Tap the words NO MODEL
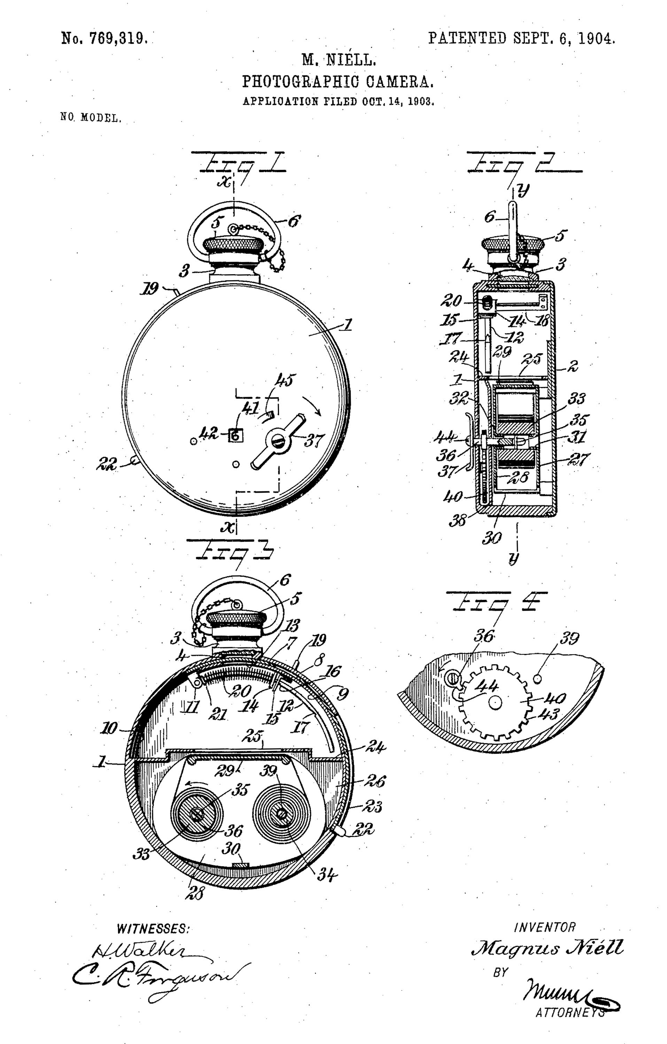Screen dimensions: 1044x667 coord(91,118)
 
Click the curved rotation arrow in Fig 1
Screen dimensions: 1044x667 coord(312,404)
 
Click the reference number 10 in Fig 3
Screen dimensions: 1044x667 coord(108,728)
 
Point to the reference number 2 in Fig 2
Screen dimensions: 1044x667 coord(573,366)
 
